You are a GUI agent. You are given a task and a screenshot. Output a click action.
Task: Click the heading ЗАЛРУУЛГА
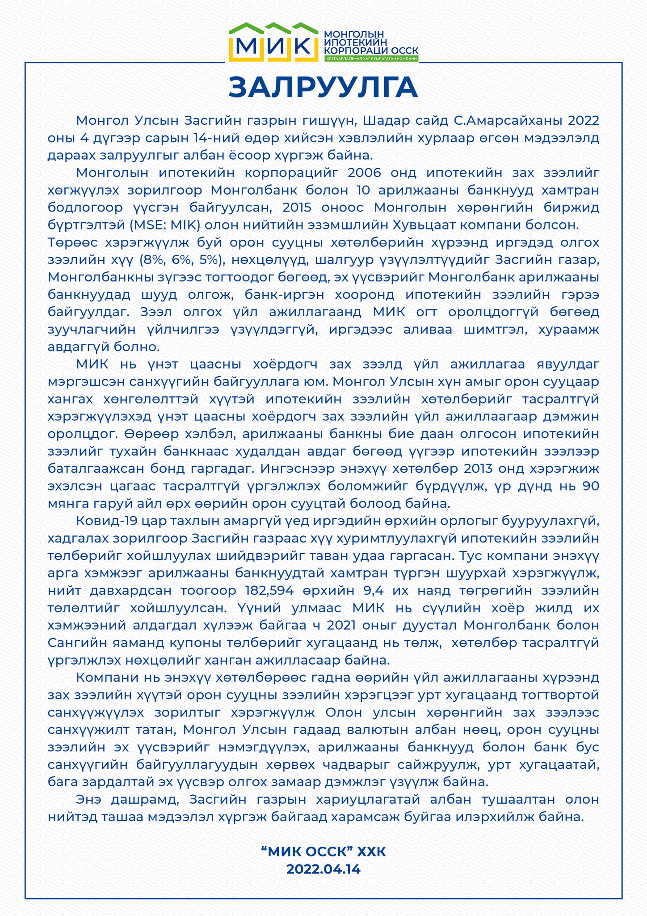pyautogui.click(x=323, y=87)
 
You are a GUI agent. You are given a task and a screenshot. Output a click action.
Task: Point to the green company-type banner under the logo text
pyautogui.click(x=372, y=59)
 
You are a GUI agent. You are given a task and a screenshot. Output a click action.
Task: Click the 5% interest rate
pyautogui.click(x=206, y=260)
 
